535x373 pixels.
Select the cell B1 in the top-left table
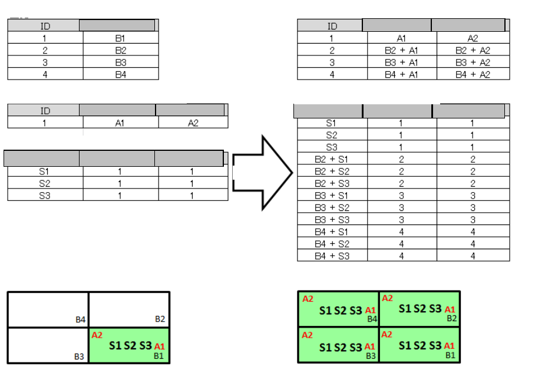121,38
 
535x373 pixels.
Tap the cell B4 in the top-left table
121,74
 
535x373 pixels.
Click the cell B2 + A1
401,51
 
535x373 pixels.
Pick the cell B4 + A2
473,75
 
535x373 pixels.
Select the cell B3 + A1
401,62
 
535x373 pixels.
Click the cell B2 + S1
332,159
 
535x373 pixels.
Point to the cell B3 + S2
332,207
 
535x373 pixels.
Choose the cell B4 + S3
332,256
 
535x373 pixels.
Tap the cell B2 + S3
332,183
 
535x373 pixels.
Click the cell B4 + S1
332,232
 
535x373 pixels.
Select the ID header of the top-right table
332,26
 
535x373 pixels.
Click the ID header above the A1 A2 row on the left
45,111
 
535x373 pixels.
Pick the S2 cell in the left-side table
45,183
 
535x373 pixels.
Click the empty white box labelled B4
48,309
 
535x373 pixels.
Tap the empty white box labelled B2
128,309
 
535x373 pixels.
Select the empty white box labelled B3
48,346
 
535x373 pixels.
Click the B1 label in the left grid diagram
158,356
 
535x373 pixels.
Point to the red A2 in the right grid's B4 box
308,299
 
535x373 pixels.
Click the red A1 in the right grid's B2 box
450,309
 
